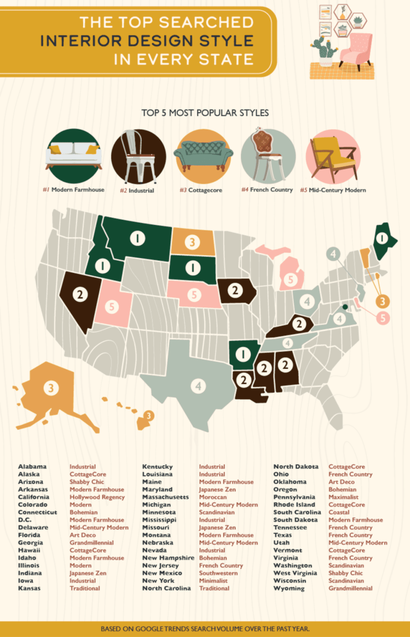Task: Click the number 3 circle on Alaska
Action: (51, 388)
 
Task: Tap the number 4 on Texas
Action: (198, 386)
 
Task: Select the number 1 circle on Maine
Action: (382, 238)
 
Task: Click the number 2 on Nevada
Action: (80, 294)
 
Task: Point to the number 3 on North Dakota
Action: (192, 242)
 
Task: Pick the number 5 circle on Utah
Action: (112, 307)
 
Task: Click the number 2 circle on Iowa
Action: (235, 290)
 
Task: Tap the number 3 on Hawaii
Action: (149, 416)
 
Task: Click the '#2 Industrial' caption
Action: (137, 191)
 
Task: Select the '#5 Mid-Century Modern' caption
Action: (333, 190)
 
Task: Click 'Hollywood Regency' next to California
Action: (97, 497)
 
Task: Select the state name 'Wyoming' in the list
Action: (289, 589)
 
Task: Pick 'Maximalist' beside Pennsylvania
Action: (343, 497)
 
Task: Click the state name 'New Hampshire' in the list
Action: (168, 558)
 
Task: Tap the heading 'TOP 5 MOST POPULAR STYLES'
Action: (205, 113)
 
